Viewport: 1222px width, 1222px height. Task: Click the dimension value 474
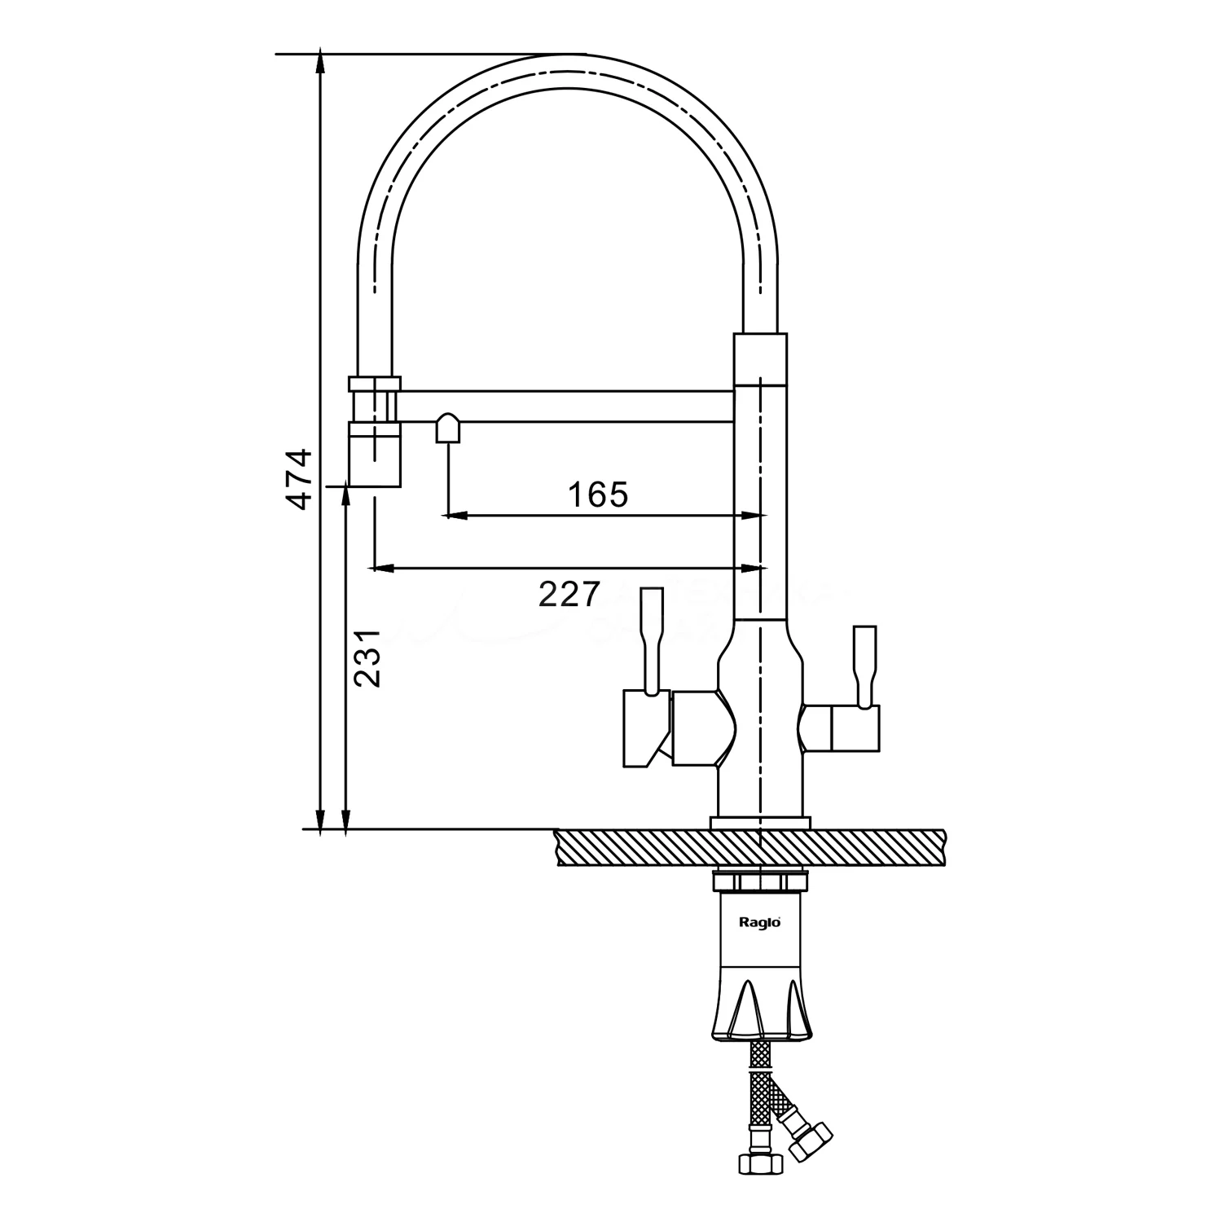(x=301, y=479)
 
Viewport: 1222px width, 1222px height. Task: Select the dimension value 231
(x=368, y=658)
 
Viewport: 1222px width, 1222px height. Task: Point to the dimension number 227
(x=569, y=594)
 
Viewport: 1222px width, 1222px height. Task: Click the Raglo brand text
(x=760, y=922)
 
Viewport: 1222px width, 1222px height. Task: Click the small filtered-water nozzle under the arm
(x=449, y=429)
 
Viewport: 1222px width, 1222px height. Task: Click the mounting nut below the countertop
(x=759, y=881)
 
